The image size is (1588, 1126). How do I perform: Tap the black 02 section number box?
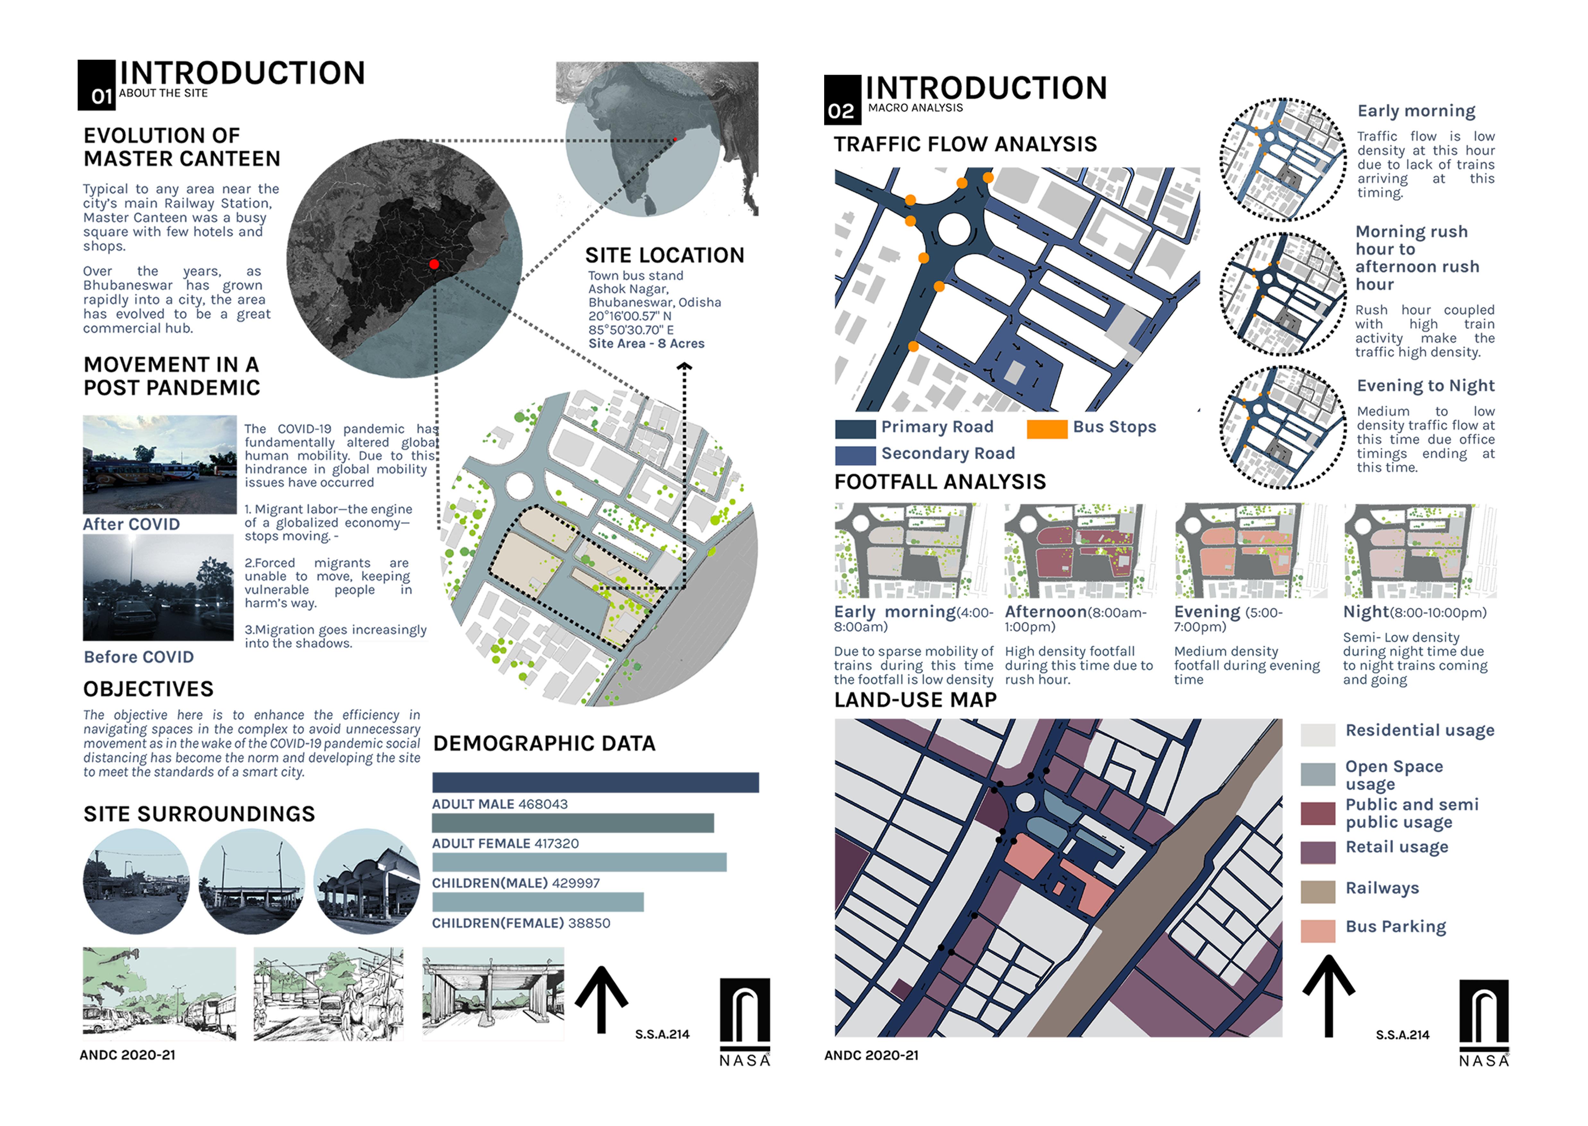tap(842, 100)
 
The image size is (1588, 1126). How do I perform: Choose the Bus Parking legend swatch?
tap(1318, 931)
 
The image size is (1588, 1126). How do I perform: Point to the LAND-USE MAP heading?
tap(915, 700)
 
